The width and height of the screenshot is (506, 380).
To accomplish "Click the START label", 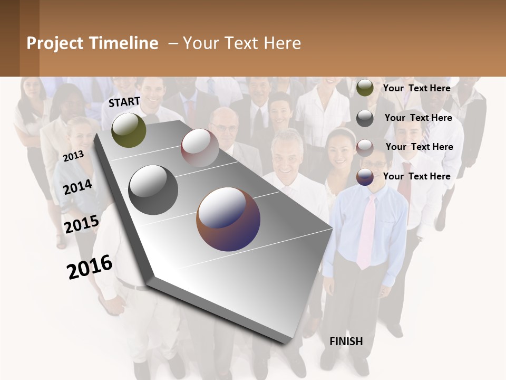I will (124, 102).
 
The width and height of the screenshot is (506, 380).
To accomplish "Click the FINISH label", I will (346, 341).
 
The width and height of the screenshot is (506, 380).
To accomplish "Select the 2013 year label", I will (73, 156).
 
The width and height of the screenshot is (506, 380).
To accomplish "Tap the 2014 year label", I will (77, 187).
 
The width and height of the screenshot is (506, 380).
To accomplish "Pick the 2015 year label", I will (82, 224).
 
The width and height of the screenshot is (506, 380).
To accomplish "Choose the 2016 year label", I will (90, 267).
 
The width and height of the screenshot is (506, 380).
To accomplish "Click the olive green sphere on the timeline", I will (129, 130).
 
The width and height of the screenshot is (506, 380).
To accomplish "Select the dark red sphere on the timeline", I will (200, 148).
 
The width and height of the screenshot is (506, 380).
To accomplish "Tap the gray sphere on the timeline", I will (153, 190).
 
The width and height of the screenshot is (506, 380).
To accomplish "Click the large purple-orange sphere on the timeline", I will (228, 219).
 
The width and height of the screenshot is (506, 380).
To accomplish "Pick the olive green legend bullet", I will (365, 88).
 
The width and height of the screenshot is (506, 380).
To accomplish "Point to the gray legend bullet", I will (365, 118).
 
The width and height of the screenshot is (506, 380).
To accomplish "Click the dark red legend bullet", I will (365, 148).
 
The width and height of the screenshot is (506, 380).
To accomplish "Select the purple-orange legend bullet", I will (365, 177).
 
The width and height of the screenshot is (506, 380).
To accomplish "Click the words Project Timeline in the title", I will (92, 43).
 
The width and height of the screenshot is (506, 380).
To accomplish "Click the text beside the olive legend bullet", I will (416, 88).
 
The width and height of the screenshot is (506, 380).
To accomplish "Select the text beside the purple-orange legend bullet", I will (416, 176).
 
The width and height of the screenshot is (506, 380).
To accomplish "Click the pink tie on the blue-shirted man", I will (366, 232).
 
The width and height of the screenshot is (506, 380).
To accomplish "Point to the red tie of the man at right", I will (405, 185).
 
